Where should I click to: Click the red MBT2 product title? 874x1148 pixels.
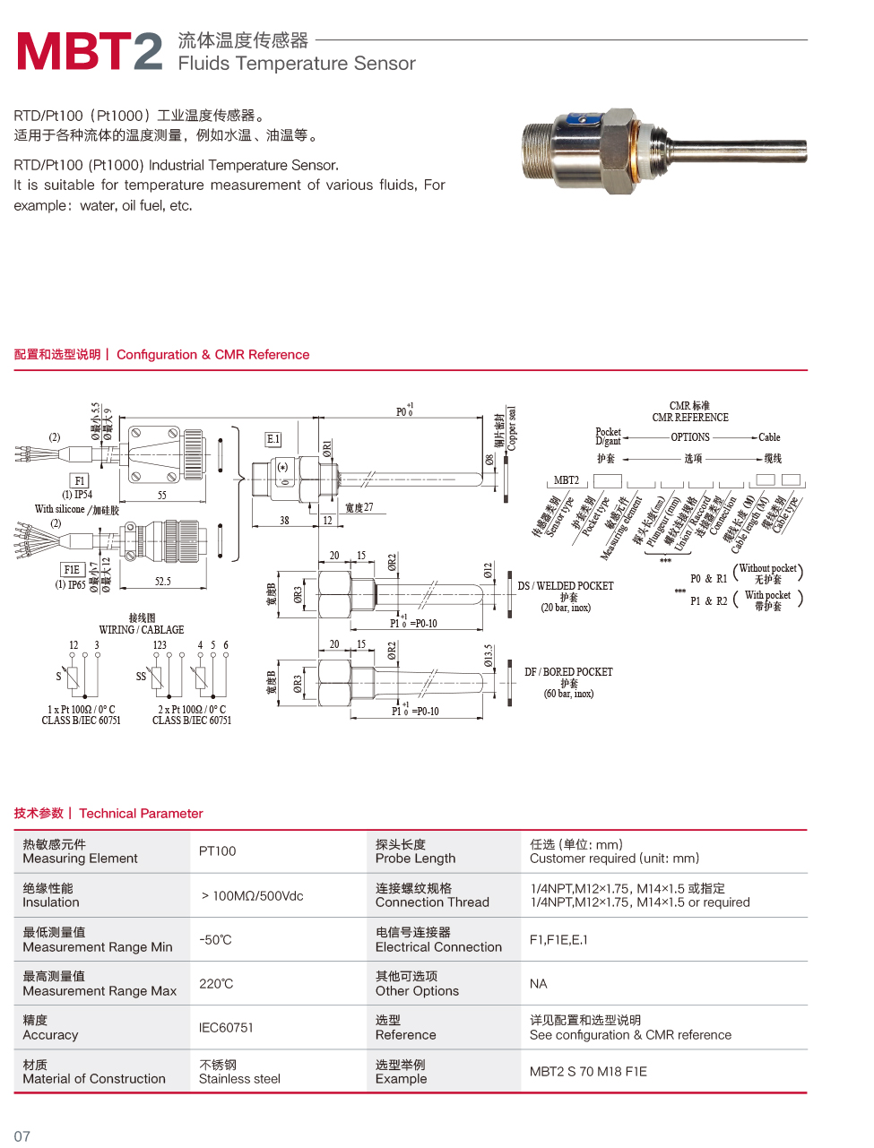click(90, 51)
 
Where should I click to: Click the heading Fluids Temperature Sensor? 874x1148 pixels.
click(296, 64)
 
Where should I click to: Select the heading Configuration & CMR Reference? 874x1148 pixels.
click(212, 355)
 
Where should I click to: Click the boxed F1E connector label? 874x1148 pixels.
click(72, 569)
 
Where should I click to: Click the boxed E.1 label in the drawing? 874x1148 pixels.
click(273, 439)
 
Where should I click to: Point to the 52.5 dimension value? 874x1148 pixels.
click(162, 582)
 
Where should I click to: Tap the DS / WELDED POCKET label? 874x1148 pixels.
click(566, 586)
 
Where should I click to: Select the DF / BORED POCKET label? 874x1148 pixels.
click(568, 672)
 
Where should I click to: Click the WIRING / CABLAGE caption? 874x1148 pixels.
click(142, 630)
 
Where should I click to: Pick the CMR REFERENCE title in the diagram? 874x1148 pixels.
click(690, 418)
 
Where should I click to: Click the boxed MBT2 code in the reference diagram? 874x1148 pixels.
click(567, 480)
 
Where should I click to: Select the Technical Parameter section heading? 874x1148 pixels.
click(141, 814)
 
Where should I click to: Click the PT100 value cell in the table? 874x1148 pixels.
click(218, 851)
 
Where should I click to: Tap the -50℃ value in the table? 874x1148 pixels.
click(215, 940)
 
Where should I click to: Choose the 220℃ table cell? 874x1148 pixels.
click(216, 984)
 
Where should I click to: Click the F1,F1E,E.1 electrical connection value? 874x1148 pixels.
click(558, 940)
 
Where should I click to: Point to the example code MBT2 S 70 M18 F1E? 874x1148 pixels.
click(588, 1072)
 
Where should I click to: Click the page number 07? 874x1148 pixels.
click(22, 1136)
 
